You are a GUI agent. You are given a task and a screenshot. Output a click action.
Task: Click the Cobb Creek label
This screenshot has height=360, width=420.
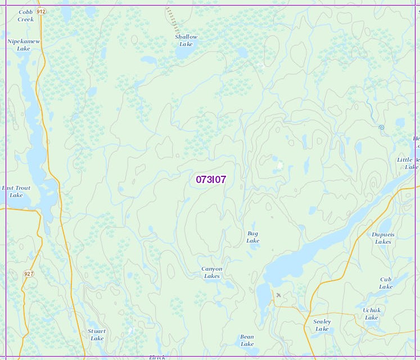[25, 15]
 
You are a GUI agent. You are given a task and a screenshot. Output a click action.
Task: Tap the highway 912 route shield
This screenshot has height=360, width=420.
[40, 11]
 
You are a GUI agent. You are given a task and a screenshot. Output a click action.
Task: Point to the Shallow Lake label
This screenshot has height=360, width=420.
[186, 40]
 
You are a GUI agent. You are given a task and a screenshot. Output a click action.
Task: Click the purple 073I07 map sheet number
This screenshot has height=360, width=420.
[211, 180]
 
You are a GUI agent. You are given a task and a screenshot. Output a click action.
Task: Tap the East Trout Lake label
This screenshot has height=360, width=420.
[16, 192]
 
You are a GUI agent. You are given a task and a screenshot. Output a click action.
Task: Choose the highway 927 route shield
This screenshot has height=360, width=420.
[29, 274]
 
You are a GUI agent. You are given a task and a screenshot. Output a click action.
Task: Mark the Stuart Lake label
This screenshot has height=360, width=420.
[97, 335]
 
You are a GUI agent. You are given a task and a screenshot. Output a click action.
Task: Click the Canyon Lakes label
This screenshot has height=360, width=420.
[212, 272]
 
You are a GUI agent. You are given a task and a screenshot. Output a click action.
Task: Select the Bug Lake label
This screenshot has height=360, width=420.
[253, 237]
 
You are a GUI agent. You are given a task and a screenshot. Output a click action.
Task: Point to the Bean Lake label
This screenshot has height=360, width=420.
[247, 340]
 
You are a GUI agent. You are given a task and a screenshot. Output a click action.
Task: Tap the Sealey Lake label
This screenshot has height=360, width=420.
[322, 325]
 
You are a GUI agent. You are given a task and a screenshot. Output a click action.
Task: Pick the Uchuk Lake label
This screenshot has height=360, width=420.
[371, 314]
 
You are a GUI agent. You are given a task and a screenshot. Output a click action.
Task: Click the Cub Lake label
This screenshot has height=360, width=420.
[386, 283]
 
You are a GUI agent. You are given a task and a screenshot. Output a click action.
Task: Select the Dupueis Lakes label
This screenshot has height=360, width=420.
[383, 238]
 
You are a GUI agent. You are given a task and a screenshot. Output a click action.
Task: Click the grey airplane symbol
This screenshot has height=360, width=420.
[278, 295]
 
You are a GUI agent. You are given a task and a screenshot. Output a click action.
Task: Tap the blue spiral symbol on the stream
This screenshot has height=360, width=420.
[381, 127]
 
